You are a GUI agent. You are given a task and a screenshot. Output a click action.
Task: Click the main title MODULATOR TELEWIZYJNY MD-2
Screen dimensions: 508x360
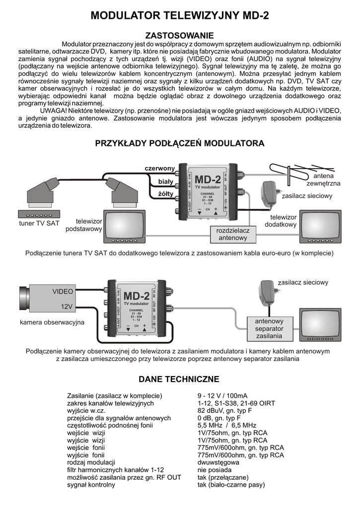[180, 16]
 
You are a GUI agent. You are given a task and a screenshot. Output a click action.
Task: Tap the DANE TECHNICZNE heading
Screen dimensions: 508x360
[179, 379]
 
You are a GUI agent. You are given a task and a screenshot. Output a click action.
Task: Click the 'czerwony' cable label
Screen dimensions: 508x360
[159, 169]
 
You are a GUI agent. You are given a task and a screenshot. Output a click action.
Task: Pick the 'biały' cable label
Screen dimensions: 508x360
[165, 181]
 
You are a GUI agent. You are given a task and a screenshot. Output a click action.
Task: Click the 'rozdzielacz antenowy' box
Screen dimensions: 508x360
[233, 234]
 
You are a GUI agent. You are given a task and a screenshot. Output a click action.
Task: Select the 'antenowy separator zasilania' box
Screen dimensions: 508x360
[269, 328]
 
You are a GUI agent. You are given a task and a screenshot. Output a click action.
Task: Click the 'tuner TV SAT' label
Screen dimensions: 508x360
[39, 223]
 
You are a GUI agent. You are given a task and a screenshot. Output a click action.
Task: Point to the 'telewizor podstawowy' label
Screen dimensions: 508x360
[88, 225]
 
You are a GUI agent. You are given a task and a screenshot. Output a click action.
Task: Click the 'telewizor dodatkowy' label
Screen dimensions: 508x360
[283, 221]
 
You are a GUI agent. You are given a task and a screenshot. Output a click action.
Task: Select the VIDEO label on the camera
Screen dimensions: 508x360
[63, 291]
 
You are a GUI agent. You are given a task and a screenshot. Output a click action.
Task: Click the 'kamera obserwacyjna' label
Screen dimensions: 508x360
[52, 322]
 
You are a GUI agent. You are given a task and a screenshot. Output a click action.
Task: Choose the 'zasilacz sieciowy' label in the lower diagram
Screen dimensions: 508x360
[303, 282]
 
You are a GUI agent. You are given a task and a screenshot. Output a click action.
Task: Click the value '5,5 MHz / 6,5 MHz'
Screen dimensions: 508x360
[227, 425]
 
